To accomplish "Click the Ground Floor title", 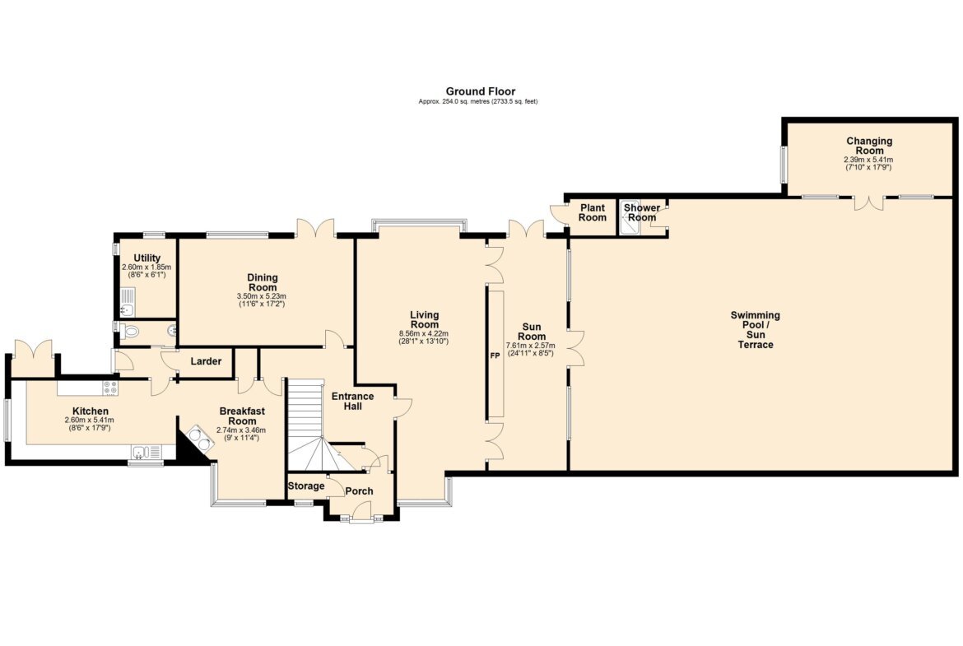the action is (x=481, y=91).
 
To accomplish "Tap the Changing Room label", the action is (x=869, y=146).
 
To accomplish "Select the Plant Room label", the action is (x=592, y=212).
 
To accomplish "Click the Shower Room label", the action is (x=642, y=212).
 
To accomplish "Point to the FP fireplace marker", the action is (x=495, y=356).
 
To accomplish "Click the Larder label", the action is (x=206, y=361).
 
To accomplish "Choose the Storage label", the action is (x=306, y=486).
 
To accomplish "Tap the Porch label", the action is (x=360, y=491).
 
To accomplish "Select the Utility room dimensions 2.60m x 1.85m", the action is (x=147, y=267).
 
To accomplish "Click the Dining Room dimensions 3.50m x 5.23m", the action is (x=262, y=296).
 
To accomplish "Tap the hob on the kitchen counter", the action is (x=110, y=388).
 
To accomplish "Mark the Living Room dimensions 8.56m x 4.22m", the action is (x=424, y=333).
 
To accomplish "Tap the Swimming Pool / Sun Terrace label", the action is (x=756, y=330).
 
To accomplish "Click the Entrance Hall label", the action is (x=352, y=401).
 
